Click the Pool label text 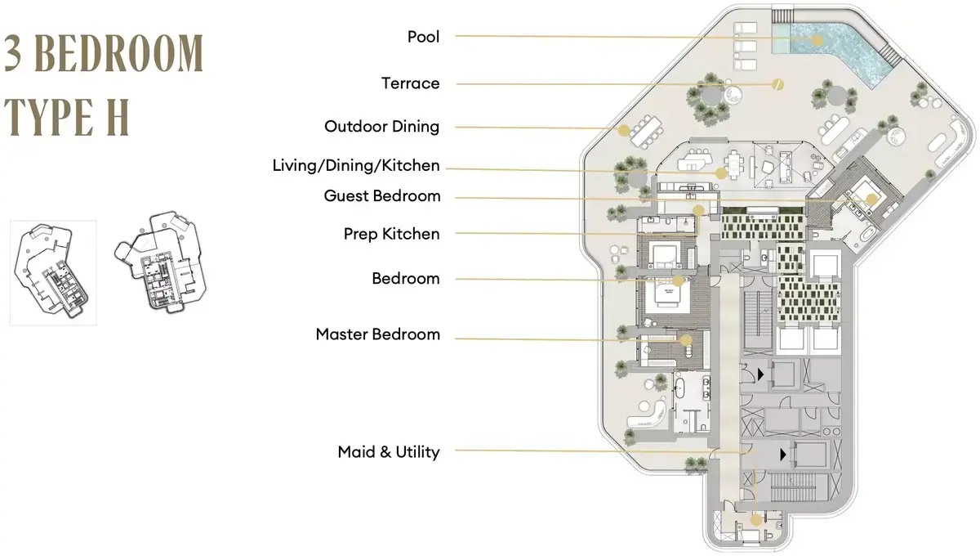(423, 37)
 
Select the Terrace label (410, 83)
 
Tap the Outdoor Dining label (382, 127)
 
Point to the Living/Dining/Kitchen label (356, 166)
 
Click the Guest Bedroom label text (382, 196)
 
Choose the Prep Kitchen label (391, 234)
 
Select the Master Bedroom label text (378, 334)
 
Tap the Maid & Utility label (389, 451)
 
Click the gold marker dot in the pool (817, 40)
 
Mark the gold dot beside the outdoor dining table (624, 130)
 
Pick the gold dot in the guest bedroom (871, 200)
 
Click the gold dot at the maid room (756, 520)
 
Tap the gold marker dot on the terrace (777, 84)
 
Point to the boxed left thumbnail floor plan (53, 272)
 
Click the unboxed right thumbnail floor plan (161, 262)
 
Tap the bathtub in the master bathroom (679, 388)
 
